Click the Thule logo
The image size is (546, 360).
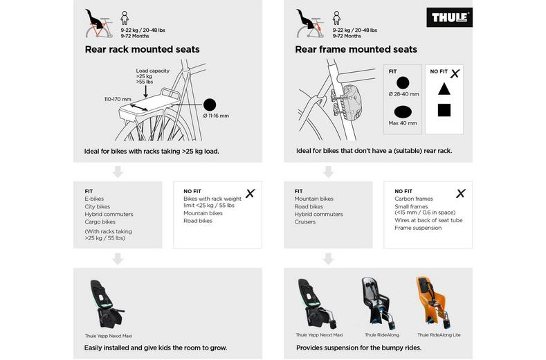coord(450,17)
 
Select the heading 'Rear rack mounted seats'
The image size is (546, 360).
coord(142,49)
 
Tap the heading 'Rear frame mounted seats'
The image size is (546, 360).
coord(356,49)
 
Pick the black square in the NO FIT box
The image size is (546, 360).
coord(444,110)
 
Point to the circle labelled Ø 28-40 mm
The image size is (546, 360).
coord(403,82)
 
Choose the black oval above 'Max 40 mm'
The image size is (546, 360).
coord(403,112)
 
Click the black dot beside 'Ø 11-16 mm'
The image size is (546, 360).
coord(210,105)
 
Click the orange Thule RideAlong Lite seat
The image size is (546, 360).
coord(427,302)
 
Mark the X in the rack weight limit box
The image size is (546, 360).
coord(250,193)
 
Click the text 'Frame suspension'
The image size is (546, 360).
coord(418,228)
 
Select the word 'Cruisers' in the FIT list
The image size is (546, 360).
coord(305,222)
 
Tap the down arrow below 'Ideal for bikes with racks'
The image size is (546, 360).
coord(118,172)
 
